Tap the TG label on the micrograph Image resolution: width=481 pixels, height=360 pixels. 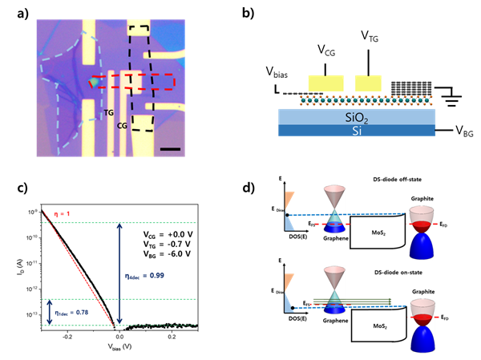tap(108, 114)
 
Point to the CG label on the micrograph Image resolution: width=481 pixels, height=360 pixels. tap(122, 125)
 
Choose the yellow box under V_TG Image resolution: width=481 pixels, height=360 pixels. tap(371, 83)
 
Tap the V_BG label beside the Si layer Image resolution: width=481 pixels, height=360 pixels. tap(454, 128)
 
